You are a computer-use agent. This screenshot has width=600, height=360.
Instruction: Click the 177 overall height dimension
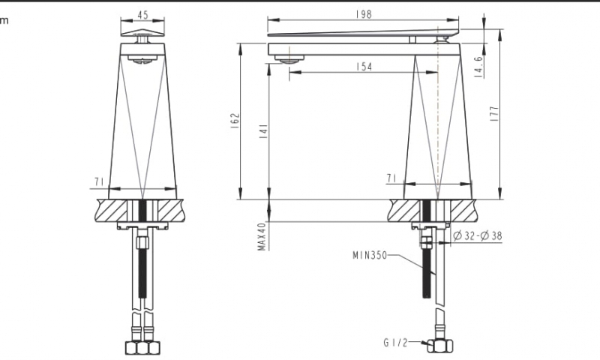[x=493, y=113]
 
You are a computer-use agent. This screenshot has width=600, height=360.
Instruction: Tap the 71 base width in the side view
[x=391, y=178]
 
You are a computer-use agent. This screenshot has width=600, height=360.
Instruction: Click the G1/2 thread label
[x=394, y=344]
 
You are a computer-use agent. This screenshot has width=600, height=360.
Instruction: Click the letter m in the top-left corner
[x=4, y=20]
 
